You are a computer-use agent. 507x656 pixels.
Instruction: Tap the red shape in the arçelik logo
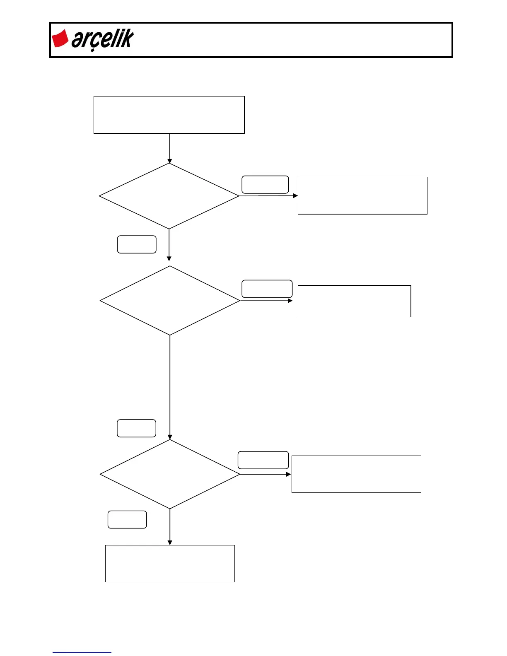[60, 39]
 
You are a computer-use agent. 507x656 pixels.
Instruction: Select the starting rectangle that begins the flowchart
[169, 115]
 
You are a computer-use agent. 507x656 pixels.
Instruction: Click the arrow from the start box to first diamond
[169, 148]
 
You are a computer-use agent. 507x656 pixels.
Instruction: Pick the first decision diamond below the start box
[169, 196]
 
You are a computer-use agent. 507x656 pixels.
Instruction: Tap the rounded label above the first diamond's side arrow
[265, 185]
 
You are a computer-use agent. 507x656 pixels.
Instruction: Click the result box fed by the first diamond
[362, 195]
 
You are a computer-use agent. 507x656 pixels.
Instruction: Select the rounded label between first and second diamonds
[137, 244]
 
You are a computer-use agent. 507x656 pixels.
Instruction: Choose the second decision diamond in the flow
[170, 300]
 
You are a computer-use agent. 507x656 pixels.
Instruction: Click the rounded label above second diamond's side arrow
[267, 289]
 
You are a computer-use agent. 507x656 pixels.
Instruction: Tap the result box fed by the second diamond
[354, 301]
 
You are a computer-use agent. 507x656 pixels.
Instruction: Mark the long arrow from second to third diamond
[170, 387]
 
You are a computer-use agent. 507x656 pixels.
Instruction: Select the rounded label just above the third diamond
[136, 428]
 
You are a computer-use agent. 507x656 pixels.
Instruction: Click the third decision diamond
[170, 474]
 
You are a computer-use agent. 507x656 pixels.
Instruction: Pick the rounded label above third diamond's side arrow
[263, 460]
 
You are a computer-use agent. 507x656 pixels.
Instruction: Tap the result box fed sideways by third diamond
[356, 474]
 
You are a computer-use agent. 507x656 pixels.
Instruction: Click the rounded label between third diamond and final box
[127, 520]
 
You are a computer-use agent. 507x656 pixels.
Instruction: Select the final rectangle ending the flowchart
[170, 564]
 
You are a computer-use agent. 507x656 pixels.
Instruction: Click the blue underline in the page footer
[82, 652]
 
